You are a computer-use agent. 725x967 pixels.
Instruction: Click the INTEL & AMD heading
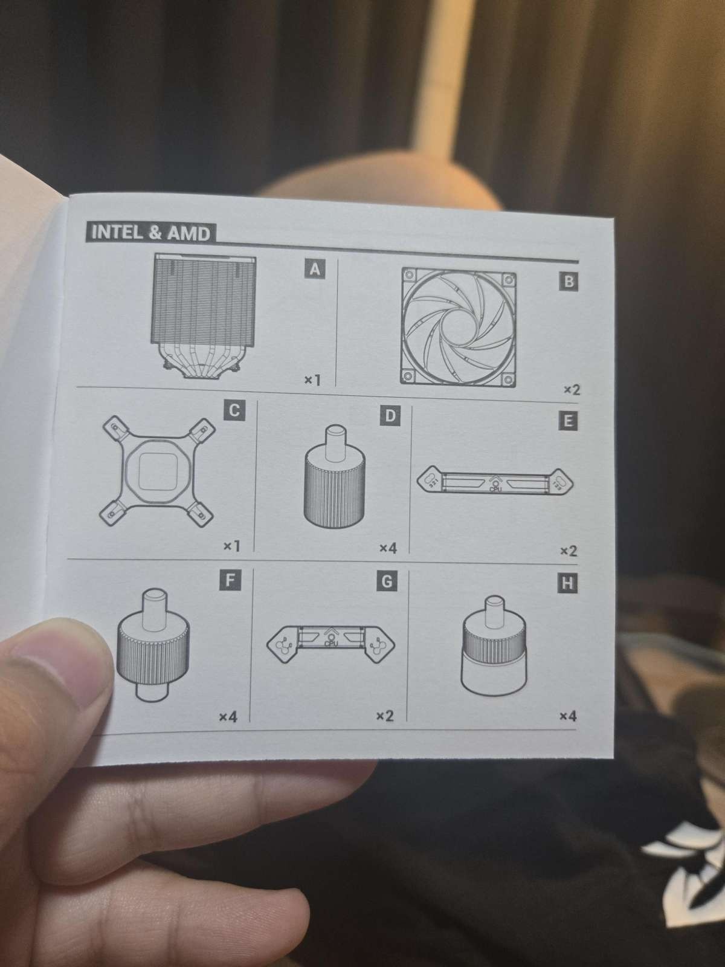click(x=150, y=233)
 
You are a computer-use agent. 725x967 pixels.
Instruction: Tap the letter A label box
click(x=315, y=268)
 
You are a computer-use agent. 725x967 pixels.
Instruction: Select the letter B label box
click(x=569, y=281)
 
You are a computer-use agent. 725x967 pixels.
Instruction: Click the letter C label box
click(x=234, y=410)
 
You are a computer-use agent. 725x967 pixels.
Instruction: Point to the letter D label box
click(x=390, y=415)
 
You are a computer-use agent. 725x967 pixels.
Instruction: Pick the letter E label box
click(x=567, y=421)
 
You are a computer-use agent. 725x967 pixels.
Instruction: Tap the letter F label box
click(x=230, y=580)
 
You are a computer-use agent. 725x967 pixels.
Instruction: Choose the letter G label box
click(x=387, y=581)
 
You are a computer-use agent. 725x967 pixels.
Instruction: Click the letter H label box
click(x=567, y=583)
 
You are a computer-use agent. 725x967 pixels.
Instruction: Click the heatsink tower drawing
click(x=203, y=316)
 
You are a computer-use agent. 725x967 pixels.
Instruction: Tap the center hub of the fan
click(x=459, y=328)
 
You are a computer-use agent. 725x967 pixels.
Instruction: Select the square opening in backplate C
click(x=157, y=471)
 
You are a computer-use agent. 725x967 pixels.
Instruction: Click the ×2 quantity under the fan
click(x=572, y=389)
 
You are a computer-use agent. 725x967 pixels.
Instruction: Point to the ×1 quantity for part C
click(x=231, y=546)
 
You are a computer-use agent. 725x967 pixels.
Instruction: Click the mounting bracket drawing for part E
click(x=495, y=481)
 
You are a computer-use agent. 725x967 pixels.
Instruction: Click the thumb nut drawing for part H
click(x=493, y=646)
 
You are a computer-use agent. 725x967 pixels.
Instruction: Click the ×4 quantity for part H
click(x=568, y=716)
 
